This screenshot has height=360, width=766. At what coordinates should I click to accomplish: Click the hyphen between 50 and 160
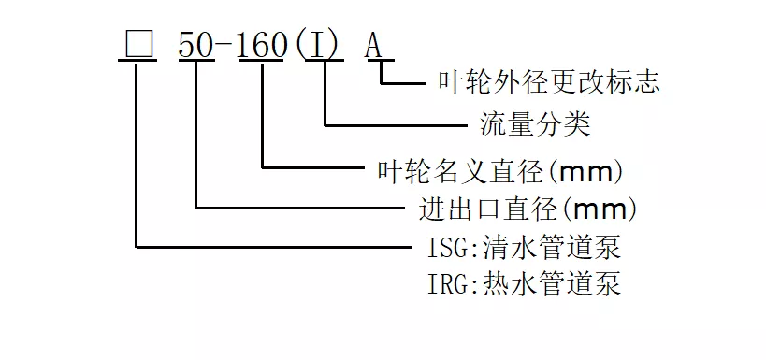[227, 45]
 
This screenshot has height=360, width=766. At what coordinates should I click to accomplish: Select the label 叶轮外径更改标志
[549, 84]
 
